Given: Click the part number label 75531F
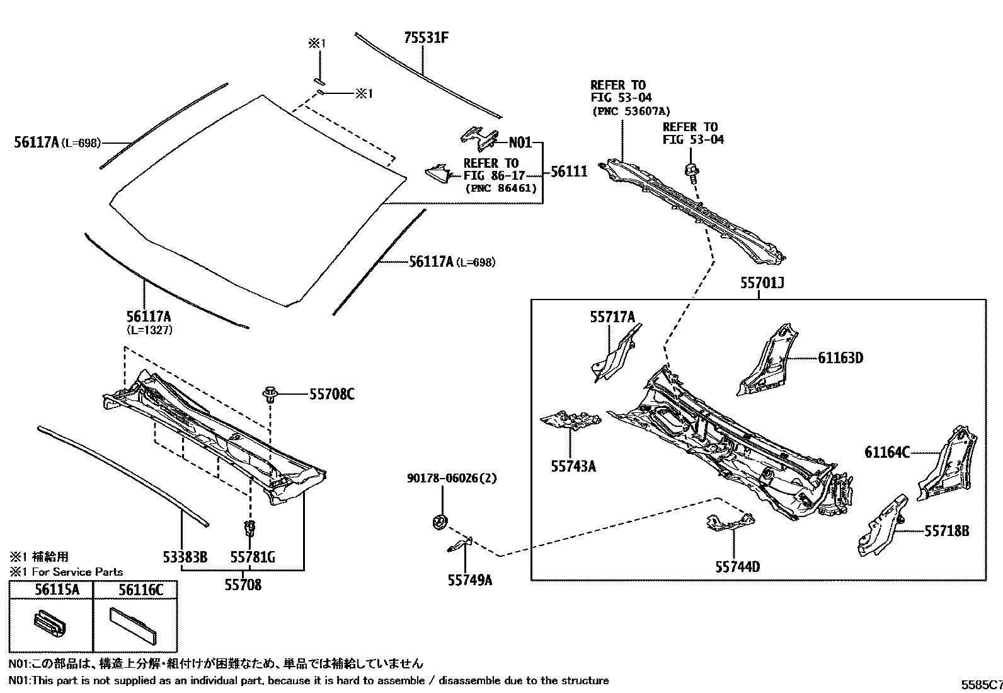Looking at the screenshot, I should coord(426,38).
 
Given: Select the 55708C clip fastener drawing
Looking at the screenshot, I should coord(270,395).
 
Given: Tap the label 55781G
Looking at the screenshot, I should coord(252,557).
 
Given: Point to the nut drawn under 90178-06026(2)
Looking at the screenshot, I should coord(438,521).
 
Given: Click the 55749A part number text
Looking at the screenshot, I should coord(469,580).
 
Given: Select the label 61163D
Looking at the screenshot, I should coord(840,358).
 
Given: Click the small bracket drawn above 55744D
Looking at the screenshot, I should coord(729,521).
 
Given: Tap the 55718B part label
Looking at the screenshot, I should coord(946,531).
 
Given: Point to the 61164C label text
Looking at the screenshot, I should coord(887,452).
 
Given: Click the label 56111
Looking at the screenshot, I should coord(569,172).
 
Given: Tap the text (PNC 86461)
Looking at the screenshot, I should coord(501,188).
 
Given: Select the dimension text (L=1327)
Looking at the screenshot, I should coord(149,330).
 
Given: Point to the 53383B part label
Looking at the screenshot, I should coord(185,557).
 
